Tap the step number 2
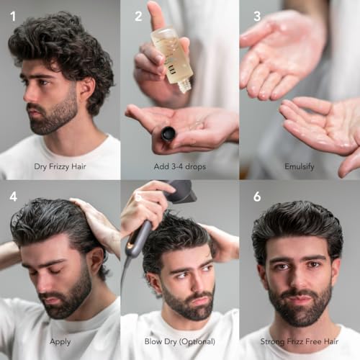[x=138, y=16]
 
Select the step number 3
[x=256, y=15]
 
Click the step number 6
[x=257, y=197]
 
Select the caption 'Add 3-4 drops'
[x=179, y=166]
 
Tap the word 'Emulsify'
[x=300, y=166]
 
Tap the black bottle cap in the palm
[x=168, y=133]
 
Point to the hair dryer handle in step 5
[x=136, y=238]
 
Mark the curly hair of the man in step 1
[x=61, y=43]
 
